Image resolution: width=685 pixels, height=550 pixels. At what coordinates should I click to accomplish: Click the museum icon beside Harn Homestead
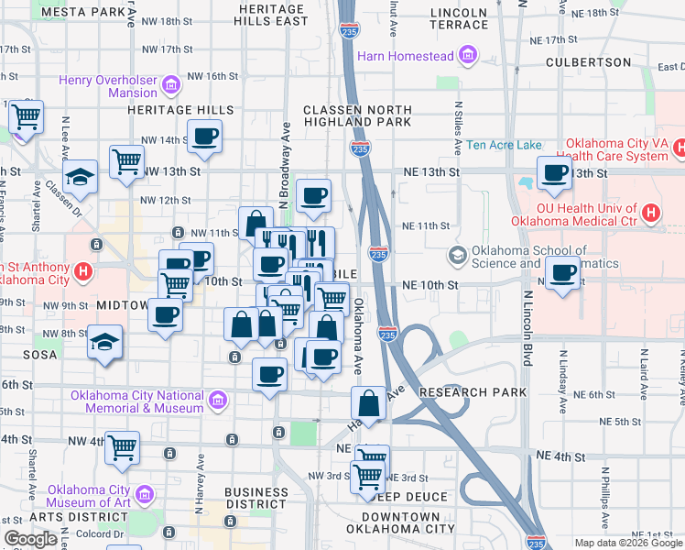point(469,56)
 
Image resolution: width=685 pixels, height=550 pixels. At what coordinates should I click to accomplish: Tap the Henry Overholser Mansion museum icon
point(171,86)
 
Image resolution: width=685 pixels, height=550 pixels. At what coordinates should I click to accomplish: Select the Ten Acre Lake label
point(504,145)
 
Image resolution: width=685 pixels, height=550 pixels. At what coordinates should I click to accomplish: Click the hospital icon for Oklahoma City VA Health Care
point(679,147)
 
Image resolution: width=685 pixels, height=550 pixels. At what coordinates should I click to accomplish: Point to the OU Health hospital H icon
point(650,214)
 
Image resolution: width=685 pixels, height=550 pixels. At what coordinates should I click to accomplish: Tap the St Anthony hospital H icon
point(83,272)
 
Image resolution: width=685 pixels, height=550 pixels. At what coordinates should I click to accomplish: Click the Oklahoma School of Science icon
point(458,254)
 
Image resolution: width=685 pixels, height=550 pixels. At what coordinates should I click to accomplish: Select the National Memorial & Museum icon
point(217,401)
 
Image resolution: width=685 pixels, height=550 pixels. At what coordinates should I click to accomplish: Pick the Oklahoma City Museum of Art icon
point(145,497)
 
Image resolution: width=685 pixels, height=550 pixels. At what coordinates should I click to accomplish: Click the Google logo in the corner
point(30,539)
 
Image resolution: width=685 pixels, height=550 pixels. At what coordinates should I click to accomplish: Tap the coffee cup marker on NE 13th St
point(554,172)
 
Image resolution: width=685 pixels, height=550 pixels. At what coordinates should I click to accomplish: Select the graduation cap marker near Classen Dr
point(80,179)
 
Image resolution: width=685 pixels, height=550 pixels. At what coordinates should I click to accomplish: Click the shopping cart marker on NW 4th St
point(122,447)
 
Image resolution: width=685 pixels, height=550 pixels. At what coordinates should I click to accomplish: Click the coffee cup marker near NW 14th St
point(204,137)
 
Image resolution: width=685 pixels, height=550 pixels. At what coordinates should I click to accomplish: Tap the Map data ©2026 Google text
point(626,543)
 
